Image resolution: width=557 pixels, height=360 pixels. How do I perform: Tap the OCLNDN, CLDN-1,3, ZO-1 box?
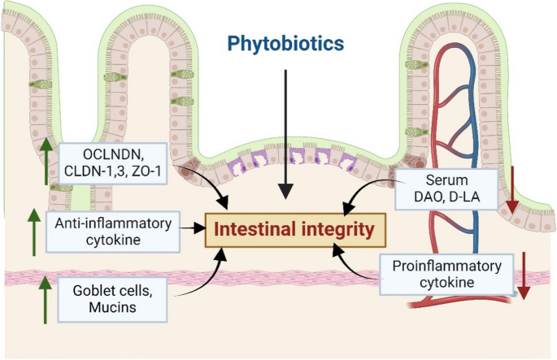[x=120, y=163]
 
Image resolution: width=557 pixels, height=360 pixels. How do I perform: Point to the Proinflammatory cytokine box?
[x=446, y=275]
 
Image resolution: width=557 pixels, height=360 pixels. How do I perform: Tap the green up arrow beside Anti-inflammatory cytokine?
[x=33, y=230]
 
